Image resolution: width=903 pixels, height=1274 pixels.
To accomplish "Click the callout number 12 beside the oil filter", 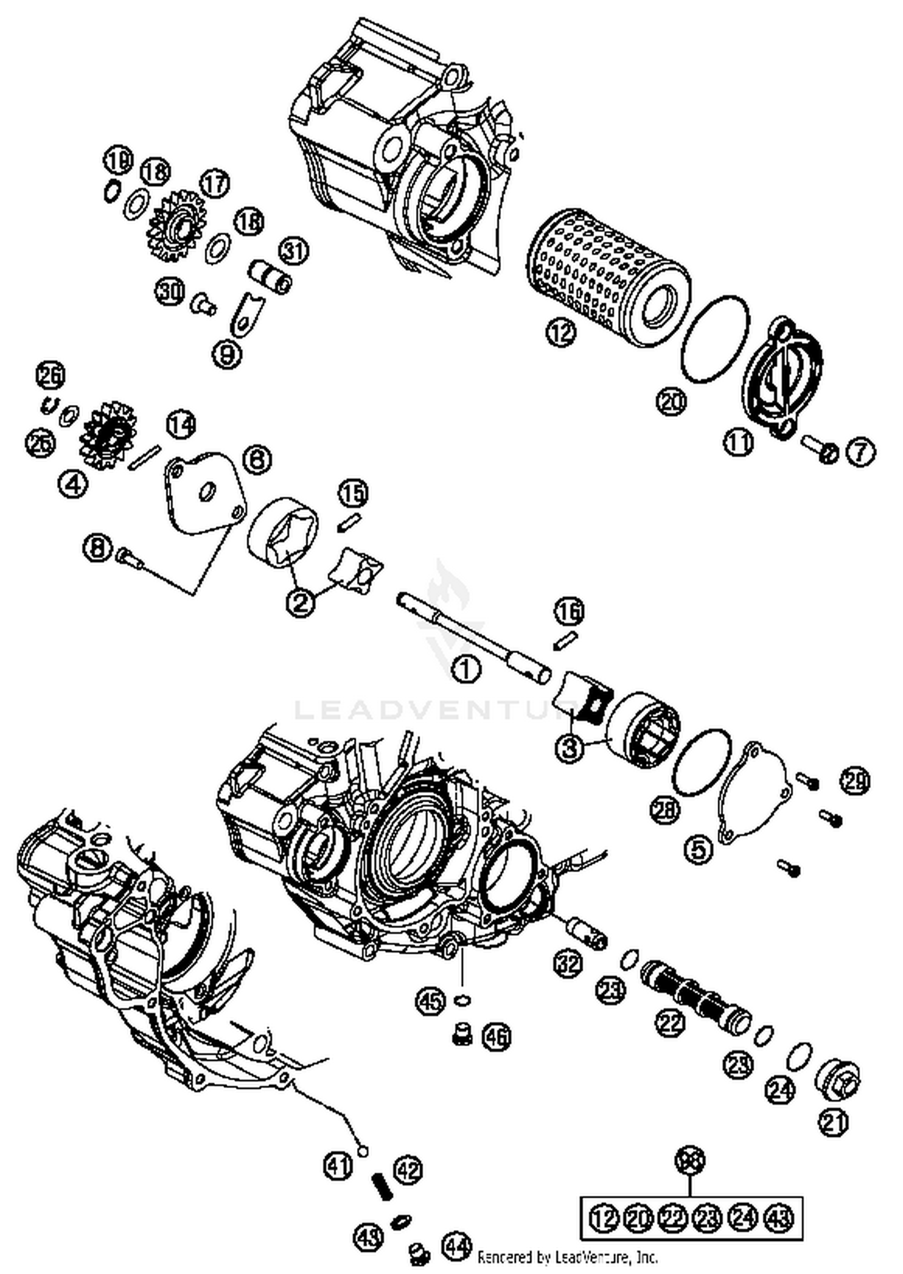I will (561, 332).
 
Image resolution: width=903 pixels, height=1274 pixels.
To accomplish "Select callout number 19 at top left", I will (117, 159).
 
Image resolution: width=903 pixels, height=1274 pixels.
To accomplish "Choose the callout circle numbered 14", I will (181, 424).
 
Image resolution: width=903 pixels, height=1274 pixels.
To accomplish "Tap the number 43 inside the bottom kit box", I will (778, 1218).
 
